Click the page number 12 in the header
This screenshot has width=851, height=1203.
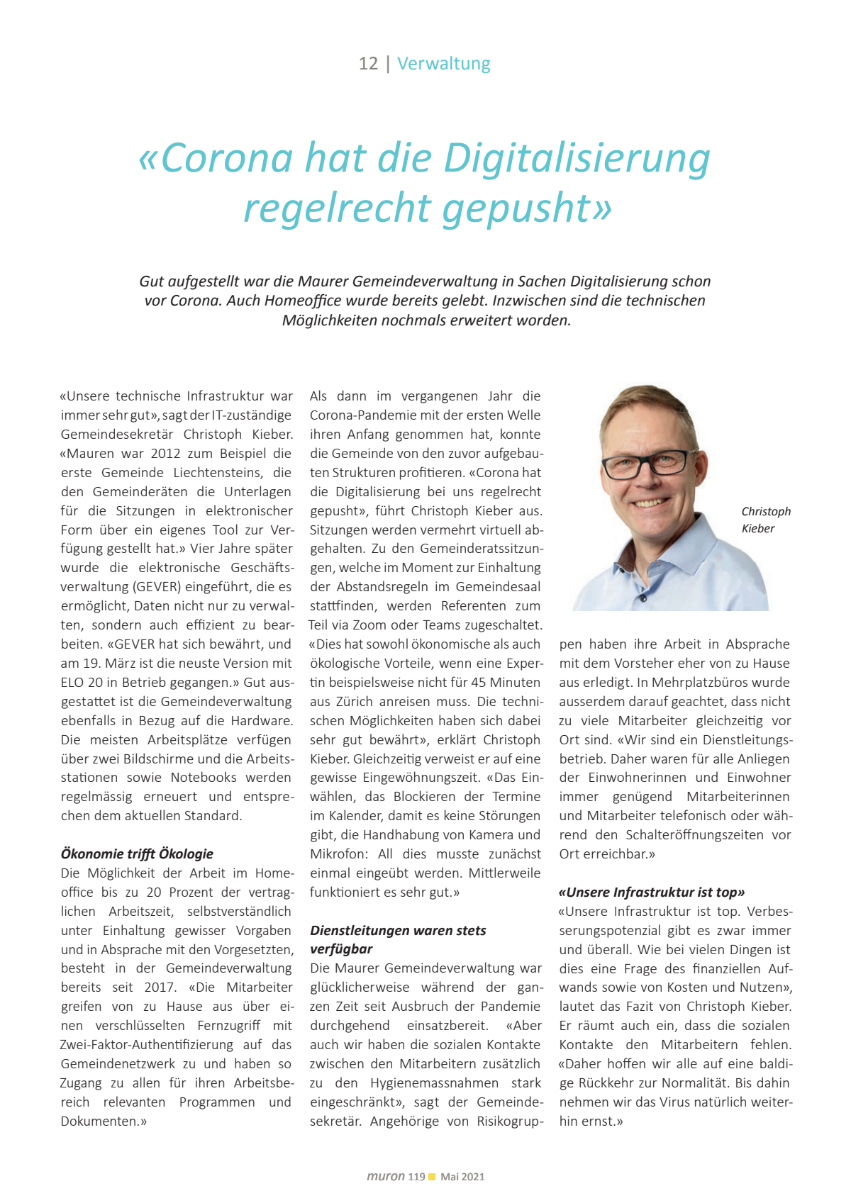pyautogui.click(x=368, y=64)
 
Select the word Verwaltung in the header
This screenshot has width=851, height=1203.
pyautogui.click(x=443, y=64)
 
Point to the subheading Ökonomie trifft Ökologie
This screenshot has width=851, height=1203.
pyautogui.click(x=137, y=854)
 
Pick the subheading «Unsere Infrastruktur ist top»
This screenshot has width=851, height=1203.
pyautogui.click(x=652, y=893)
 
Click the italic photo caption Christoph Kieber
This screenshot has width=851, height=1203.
pyautogui.click(x=765, y=520)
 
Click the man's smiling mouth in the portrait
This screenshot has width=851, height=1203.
pyautogui.click(x=651, y=503)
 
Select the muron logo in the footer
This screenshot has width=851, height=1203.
pyautogui.click(x=386, y=1176)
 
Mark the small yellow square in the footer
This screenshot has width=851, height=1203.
pyautogui.click(x=432, y=1177)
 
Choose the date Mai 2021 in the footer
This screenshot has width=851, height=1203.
pyautogui.click(x=462, y=1177)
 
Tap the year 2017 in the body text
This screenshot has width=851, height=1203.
pyautogui.click(x=160, y=987)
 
